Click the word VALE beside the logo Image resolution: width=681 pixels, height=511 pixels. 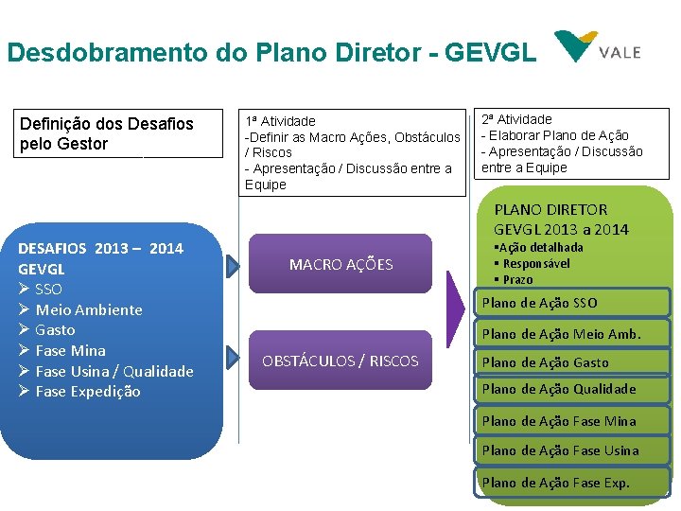[x=619, y=52]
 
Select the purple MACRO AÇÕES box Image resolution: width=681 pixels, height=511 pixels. [x=340, y=264]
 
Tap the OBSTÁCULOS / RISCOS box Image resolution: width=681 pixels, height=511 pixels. [x=340, y=361]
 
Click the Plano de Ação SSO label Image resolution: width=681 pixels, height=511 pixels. [x=539, y=303]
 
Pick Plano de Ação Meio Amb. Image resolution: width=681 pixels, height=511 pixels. [x=561, y=333]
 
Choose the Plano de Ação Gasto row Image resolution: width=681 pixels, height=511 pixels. [x=545, y=362]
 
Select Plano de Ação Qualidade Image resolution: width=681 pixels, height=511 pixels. [x=558, y=389]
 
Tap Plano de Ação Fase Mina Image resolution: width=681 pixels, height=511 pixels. [x=558, y=421]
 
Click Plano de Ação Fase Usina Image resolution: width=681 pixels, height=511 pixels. [x=560, y=450]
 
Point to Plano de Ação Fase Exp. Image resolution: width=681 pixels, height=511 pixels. [x=555, y=483]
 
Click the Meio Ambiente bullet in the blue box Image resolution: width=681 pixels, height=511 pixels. [x=88, y=309]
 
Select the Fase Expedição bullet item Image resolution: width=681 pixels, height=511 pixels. [x=87, y=391]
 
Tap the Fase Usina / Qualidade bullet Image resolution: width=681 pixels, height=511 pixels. [x=113, y=371]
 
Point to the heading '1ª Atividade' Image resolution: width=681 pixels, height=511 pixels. [x=280, y=121]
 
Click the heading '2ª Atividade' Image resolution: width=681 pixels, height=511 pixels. [x=516, y=119]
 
